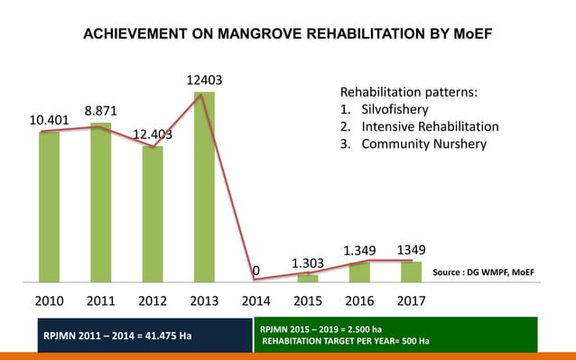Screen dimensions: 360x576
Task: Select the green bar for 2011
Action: coord(100,202)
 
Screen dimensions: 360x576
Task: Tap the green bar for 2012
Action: coord(153,214)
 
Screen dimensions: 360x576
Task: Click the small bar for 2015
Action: coord(308,277)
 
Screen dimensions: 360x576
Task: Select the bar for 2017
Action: coord(412,271)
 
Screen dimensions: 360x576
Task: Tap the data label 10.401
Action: coord(47,120)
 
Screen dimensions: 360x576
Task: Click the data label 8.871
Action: coord(100,110)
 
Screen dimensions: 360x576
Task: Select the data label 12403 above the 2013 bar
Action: coord(204,81)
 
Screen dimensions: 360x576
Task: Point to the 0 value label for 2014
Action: coord(256,271)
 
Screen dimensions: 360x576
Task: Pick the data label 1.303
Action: coord(308,263)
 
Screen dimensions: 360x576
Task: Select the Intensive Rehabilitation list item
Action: coord(430,126)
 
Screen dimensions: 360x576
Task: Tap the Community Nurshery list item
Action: coord(423,143)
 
